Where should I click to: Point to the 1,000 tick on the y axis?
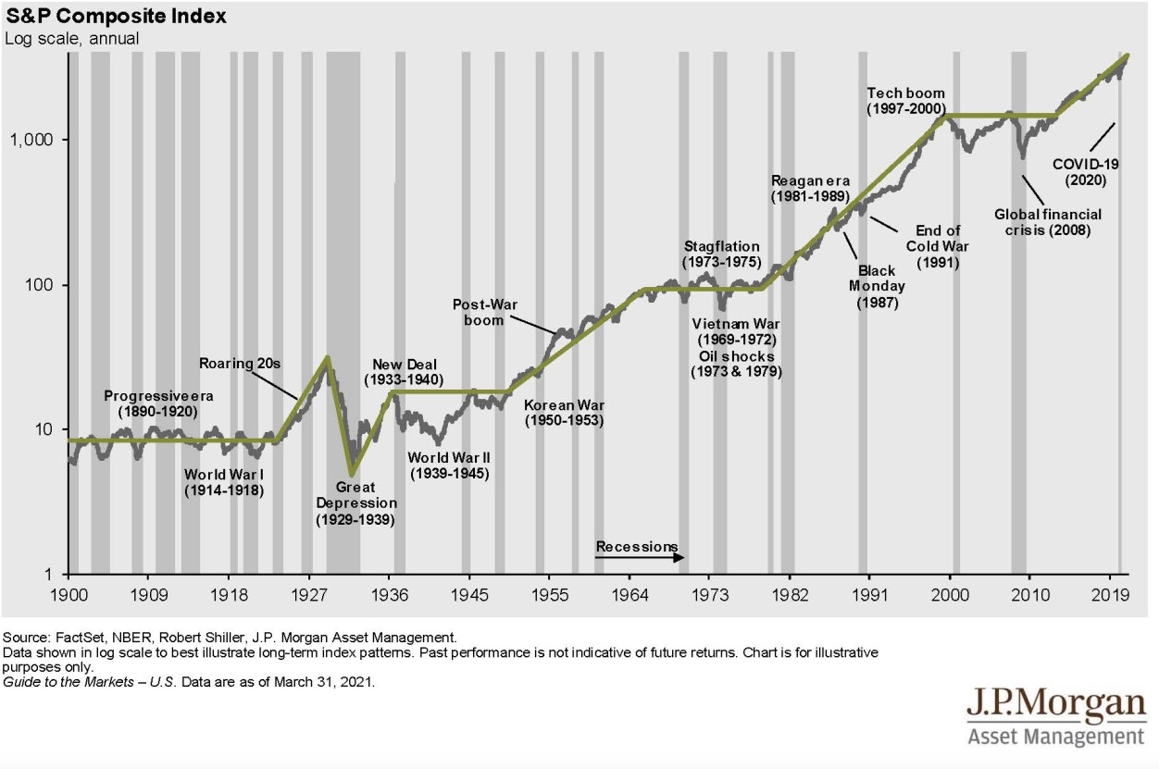(x=35, y=141)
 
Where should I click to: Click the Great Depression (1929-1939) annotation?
(x=355, y=503)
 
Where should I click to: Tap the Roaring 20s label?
(x=240, y=364)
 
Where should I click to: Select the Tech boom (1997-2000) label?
(x=905, y=101)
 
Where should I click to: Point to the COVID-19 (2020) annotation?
(x=1086, y=171)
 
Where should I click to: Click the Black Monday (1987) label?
(x=877, y=286)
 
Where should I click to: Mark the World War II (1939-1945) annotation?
(x=450, y=465)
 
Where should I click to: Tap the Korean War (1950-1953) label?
(x=564, y=413)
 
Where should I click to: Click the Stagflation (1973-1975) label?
(x=722, y=254)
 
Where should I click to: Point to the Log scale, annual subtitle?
(x=72, y=38)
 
